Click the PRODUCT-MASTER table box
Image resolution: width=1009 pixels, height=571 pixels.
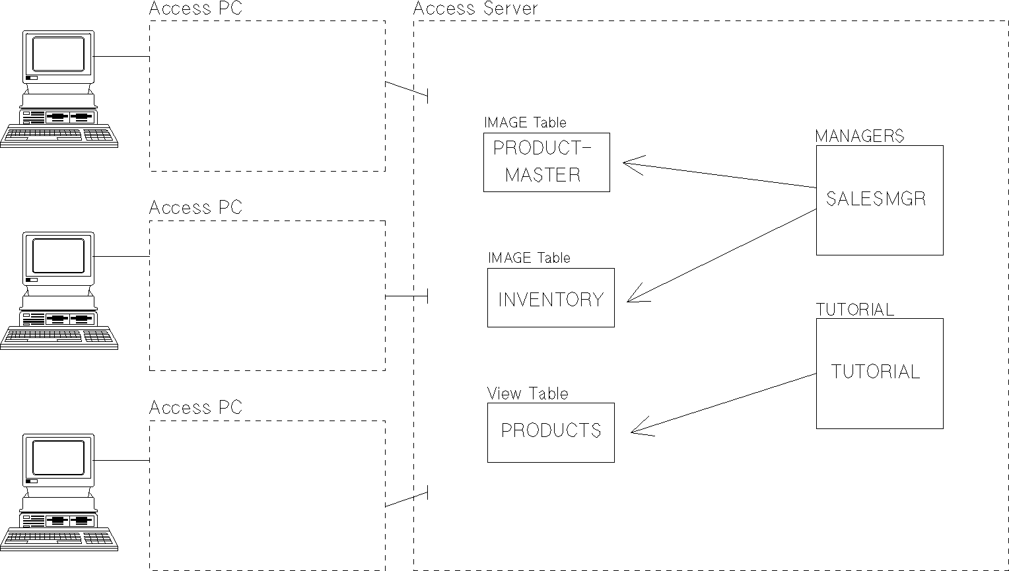pos(546,162)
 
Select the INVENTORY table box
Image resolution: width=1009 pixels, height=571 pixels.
pos(551,298)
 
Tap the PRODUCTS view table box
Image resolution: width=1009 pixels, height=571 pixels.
pos(551,432)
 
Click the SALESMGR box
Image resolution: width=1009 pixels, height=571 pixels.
pos(880,200)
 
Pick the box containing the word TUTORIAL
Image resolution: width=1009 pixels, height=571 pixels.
pos(880,374)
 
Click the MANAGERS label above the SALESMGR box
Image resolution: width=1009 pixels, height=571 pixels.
pos(859,136)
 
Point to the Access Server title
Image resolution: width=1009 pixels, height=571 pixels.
pos(475,9)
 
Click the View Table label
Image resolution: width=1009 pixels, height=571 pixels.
pos(528,393)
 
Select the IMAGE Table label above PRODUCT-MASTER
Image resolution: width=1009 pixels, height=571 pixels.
pos(525,122)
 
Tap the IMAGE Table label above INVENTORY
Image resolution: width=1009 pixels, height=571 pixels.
pos(529,257)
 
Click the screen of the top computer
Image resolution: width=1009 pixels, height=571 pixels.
pos(59,54)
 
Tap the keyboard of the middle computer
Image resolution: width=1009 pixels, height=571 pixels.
pos(59,337)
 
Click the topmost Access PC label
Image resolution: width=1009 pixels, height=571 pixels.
pos(195,9)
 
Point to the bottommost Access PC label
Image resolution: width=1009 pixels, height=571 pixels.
pos(195,407)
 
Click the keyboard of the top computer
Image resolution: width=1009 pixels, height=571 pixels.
pos(59,136)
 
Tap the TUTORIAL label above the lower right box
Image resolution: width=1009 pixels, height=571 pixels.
pos(855,310)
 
